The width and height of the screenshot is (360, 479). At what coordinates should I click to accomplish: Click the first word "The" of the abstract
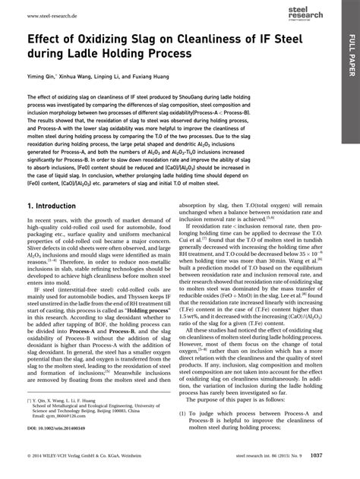tap(32, 98)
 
